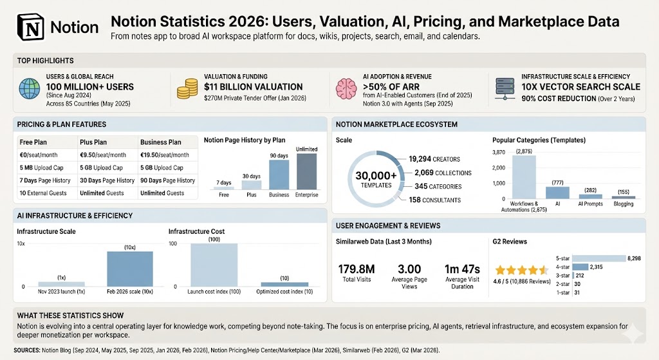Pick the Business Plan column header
(160, 142)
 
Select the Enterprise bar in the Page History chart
(307, 171)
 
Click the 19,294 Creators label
(439, 158)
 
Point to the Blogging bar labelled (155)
(623, 197)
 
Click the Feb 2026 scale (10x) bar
(130, 268)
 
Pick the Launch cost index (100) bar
(214, 264)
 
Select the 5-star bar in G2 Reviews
(598, 258)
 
